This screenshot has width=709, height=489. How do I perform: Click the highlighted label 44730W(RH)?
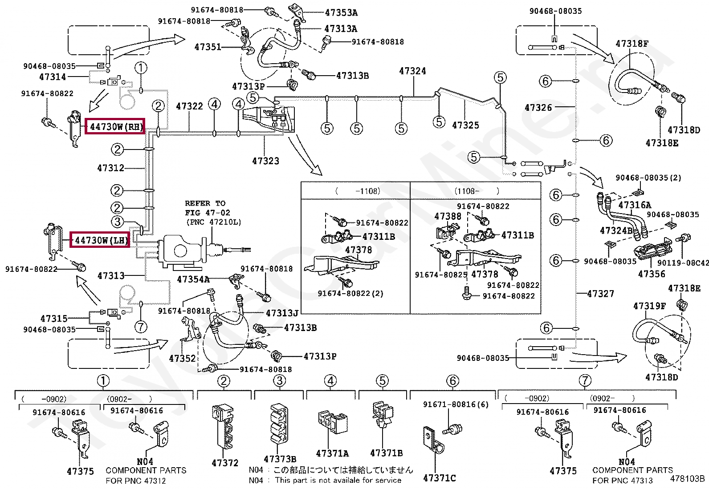(115, 126)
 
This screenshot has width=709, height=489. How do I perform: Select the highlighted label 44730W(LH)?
(100, 240)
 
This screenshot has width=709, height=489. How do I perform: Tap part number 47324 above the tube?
(412, 71)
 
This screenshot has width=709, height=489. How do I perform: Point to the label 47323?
(265, 161)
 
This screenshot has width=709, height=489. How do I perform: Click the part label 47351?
(208, 47)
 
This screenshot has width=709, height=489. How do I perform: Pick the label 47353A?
(341, 12)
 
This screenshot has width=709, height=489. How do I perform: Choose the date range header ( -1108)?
(358, 191)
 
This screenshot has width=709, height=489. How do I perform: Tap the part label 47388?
(448, 216)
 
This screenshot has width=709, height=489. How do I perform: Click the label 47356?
(652, 274)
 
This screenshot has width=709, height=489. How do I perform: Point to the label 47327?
(600, 294)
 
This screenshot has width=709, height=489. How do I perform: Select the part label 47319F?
(649, 306)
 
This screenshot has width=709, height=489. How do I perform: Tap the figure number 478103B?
(687, 479)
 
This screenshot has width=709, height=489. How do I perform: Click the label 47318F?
(632, 44)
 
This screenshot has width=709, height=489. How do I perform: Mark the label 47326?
(538, 108)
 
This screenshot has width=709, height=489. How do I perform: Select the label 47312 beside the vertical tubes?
(110, 168)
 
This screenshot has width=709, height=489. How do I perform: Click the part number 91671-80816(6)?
(456, 404)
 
